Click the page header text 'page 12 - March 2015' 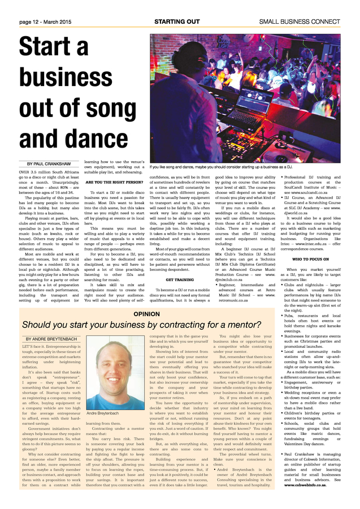point(45,21)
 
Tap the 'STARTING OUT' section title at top point(177,21)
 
